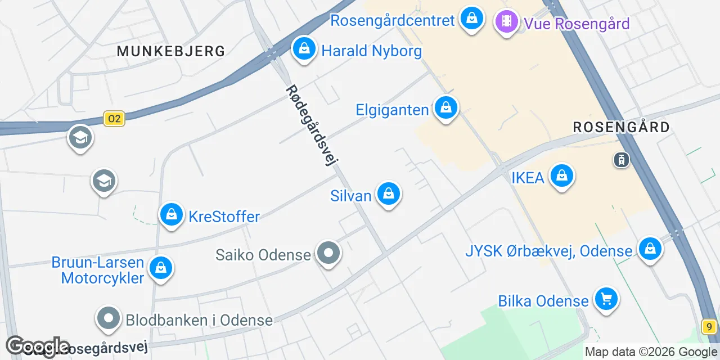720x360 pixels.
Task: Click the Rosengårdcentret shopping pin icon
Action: (472, 19)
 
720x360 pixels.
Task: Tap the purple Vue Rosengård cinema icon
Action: (507, 22)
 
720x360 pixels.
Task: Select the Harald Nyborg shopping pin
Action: (304, 49)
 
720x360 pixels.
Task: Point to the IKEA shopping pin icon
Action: (561, 176)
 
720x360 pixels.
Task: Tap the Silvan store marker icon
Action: (388, 193)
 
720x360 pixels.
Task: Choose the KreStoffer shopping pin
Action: (172, 214)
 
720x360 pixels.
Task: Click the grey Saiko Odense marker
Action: (328, 254)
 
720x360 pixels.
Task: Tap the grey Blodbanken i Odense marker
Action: (109, 319)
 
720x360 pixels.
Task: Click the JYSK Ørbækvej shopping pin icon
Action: (650, 248)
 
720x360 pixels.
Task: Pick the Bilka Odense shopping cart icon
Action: (606, 299)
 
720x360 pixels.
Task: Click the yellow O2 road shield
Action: (114, 119)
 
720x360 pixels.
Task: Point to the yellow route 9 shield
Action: (709, 326)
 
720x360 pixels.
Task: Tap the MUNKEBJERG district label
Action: (171, 51)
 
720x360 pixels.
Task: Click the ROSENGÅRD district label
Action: (621, 127)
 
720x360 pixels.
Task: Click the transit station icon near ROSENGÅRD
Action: (622, 160)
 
